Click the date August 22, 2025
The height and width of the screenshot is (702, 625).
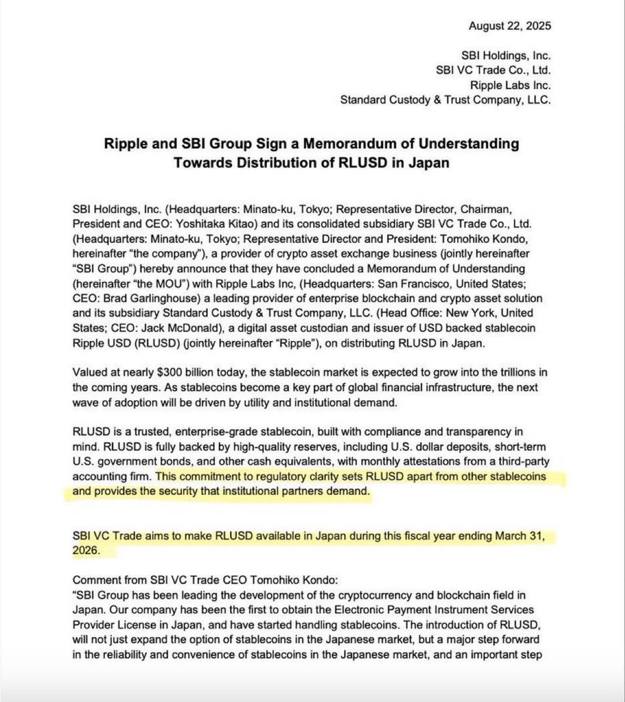point(509,26)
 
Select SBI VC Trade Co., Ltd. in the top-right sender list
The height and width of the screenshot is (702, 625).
point(493,70)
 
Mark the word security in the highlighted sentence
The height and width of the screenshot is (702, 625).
point(197,491)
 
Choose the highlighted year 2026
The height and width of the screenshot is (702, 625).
point(85,551)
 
